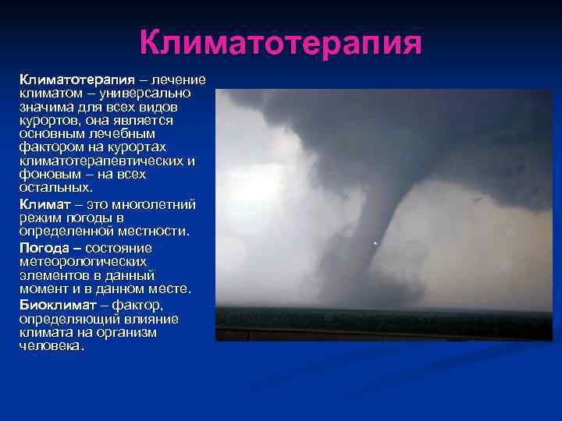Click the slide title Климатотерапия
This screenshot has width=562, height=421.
281,43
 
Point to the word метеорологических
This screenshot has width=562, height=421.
86,261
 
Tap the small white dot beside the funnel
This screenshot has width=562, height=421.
375,244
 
